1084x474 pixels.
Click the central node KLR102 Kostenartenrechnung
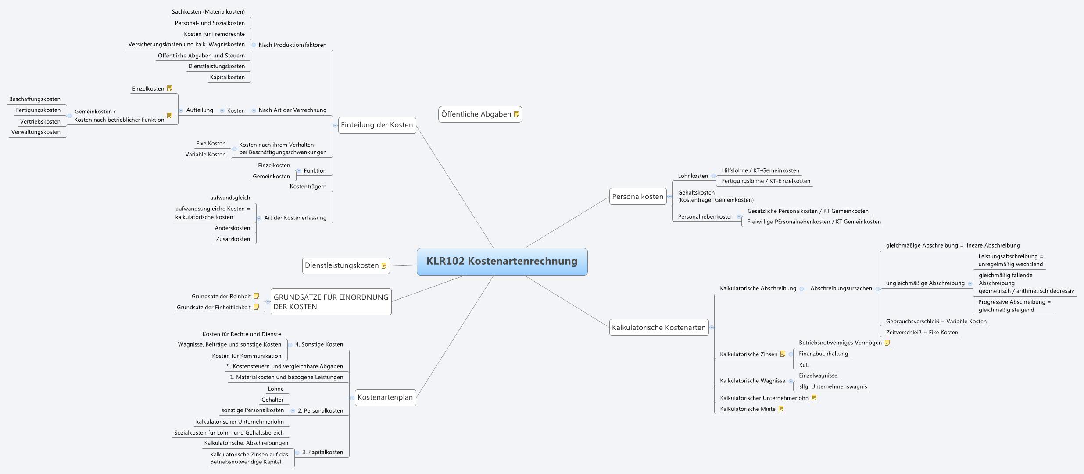pos(502,262)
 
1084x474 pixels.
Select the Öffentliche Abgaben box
pos(476,114)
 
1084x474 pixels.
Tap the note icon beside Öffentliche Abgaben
pos(516,114)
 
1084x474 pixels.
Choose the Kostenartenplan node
pos(385,397)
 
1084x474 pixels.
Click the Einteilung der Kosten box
pos(377,125)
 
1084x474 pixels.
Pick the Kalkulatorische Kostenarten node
pos(658,327)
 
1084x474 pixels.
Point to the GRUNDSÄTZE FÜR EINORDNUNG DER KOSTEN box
pos(331,302)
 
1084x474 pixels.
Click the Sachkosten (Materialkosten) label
pos(208,12)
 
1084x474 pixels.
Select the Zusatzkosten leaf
pos(233,239)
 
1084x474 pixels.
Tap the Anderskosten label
pos(233,228)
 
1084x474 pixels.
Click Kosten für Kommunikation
pos(247,356)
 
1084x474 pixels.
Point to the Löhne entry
pos(276,389)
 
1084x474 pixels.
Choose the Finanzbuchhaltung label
pos(823,354)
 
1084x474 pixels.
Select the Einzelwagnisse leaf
pos(818,375)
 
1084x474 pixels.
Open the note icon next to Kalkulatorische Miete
pos(781,409)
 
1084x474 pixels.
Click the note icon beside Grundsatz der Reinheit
pos(257,296)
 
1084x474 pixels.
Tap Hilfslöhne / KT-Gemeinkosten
pos(761,170)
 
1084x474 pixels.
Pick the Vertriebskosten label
pos(40,121)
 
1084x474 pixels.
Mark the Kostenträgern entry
pos(308,186)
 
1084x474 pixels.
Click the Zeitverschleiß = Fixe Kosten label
pos(922,332)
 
